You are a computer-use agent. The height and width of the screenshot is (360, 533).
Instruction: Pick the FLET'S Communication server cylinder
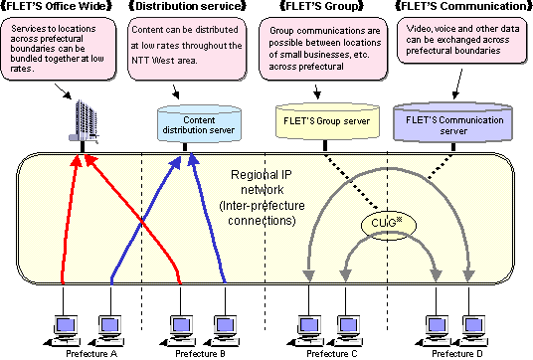[453, 122]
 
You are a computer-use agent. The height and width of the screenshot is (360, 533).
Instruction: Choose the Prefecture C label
[328, 352]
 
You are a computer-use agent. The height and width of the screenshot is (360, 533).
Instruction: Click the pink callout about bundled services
[62, 53]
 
